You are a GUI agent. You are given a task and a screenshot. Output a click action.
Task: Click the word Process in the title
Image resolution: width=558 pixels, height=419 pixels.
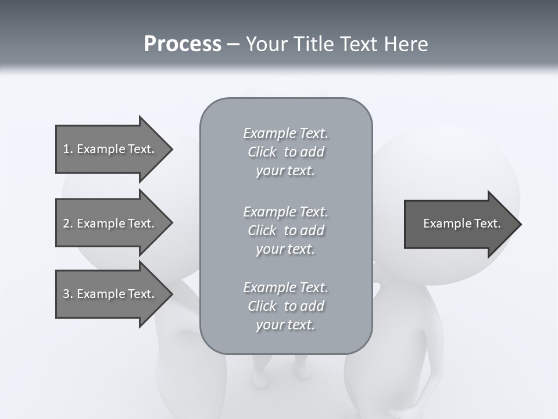[x=183, y=44]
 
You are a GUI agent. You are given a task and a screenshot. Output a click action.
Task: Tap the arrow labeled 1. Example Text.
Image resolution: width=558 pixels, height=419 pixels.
[x=109, y=149]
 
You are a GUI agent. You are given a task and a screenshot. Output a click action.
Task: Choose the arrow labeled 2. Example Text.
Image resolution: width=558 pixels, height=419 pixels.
[x=109, y=223]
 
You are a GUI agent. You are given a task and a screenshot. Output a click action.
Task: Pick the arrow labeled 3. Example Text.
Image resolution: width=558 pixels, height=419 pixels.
[x=109, y=294]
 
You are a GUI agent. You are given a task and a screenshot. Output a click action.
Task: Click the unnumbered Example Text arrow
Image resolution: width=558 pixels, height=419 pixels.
[x=462, y=224]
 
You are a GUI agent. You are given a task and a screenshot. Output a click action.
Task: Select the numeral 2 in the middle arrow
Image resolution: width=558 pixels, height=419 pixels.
[x=66, y=223]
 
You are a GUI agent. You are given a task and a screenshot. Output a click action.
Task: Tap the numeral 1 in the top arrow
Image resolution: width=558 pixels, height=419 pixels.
[x=66, y=149]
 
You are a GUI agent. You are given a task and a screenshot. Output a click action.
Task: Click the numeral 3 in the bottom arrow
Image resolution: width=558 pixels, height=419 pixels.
[x=66, y=294]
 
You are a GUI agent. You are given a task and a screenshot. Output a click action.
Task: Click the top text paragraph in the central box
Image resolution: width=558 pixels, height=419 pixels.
[x=285, y=152]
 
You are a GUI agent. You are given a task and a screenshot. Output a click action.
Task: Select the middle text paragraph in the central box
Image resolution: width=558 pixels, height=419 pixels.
[x=285, y=230]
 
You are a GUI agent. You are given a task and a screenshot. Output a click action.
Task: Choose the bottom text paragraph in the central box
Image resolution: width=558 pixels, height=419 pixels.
[x=285, y=306]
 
